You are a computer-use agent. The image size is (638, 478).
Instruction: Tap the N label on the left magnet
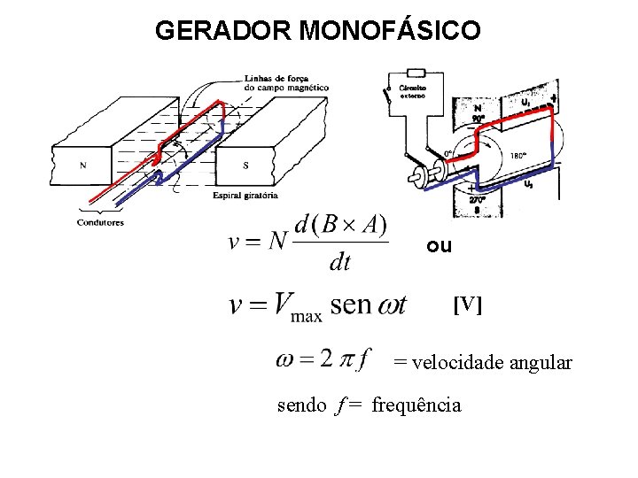[x=83, y=165]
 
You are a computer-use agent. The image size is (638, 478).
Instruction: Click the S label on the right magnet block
[x=245, y=165]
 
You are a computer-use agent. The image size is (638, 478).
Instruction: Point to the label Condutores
[x=100, y=222]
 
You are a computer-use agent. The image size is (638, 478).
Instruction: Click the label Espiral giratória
[x=245, y=195]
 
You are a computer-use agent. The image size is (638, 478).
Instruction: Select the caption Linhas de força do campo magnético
[x=285, y=83]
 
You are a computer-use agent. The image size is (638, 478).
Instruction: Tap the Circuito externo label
[x=413, y=91]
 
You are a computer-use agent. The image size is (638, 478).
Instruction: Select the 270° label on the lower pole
[x=478, y=200]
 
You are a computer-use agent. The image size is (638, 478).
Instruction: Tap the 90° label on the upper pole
[x=478, y=117]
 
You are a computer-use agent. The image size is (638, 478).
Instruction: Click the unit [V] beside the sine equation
[x=468, y=305]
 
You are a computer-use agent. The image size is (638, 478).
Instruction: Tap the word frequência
[x=416, y=405]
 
